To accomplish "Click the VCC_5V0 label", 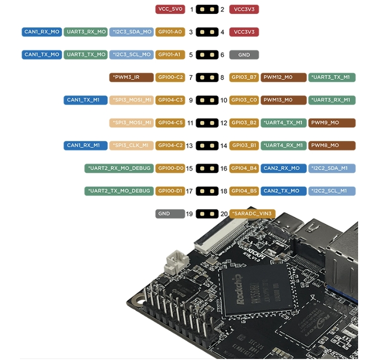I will pyautogui.click(x=170, y=9).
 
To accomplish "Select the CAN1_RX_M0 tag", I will pyautogui.click(x=42, y=32).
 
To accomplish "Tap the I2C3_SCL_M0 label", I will pyautogui.click(x=131, y=55).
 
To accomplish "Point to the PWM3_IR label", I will pyautogui.click(x=131, y=77).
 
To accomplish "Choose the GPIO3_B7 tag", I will pyautogui.click(x=244, y=77).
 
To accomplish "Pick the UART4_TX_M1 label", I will pyautogui.click(x=283, y=122).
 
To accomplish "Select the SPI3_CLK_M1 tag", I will pyautogui.click(x=131, y=145).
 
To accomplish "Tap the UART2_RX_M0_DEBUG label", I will pyautogui.click(x=119, y=168).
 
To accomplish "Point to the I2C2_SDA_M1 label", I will pyautogui.click(x=332, y=168).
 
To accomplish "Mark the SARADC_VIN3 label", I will pyautogui.click(x=252, y=214).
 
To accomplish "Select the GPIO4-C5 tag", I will pyautogui.click(x=170, y=122).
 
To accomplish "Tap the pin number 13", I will pyautogui.click(x=189, y=146).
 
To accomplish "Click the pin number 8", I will pyautogui.click(x=222, y=78).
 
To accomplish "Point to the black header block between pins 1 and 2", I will pyautogui.click(x=207, y=9).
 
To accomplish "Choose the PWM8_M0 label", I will pyautogui.click(x=332, y=145).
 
